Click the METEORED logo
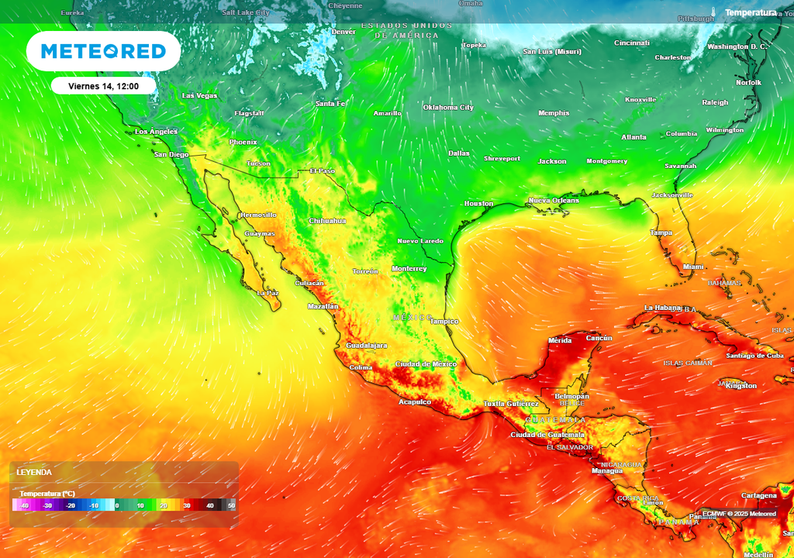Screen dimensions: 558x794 click(x=103, y=51)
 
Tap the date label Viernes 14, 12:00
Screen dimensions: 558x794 click(x=103, y=86)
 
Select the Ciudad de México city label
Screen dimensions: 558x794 click(x=426, y=364)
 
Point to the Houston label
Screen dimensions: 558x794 click(x=478, y=204)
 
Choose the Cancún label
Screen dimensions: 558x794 click(x=599, y=338)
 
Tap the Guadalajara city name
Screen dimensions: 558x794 click(x=367, y=345)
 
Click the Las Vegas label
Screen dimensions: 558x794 click(x=199, y=95)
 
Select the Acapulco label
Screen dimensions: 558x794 click(x=415, y=402)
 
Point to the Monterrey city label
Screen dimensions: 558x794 click(x=409, y=269)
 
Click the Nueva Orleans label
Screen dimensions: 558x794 click(x=554, y=201)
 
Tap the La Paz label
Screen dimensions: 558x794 click(x=268, y=294)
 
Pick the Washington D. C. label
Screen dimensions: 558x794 click(x=737, y=46)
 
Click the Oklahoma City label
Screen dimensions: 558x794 click(x=448, y=108)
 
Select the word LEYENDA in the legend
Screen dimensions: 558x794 click(x=34, y=472)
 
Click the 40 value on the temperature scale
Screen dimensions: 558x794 click(x=209, y=505)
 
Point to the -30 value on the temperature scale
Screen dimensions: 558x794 click(x=47, y=505)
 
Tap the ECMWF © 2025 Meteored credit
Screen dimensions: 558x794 click(x=739, y=514)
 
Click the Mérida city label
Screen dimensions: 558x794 click(x=560, y=341)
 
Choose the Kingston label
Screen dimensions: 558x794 click(x=740, y=386)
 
